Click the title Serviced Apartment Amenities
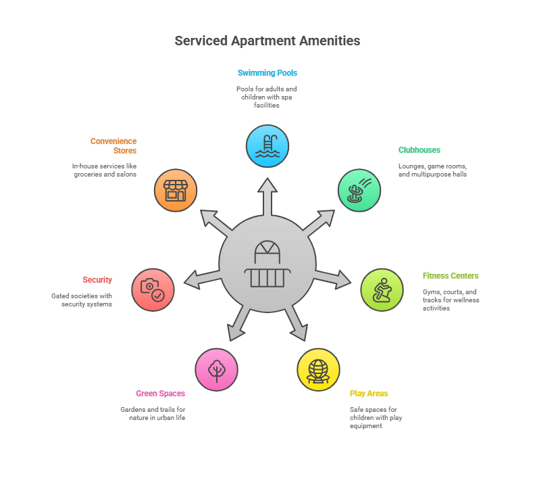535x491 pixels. [267, 41]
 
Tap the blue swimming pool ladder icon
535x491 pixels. [267, 146]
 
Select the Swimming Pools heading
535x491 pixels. [267, 73]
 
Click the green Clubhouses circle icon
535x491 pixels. [359, 190]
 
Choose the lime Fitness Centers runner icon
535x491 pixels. [382, 289]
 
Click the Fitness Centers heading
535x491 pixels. [451, 276]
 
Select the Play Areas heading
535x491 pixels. [369, 394]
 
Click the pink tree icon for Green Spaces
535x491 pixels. [216, 369]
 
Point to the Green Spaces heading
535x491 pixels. [160, 394]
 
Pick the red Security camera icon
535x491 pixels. [153, 289]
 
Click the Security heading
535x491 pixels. [97, 280]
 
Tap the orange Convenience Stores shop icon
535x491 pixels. [176, 190]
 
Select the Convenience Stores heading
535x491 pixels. [113, 146]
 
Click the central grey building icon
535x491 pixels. [267, 264]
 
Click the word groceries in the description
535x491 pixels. [88, 174]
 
